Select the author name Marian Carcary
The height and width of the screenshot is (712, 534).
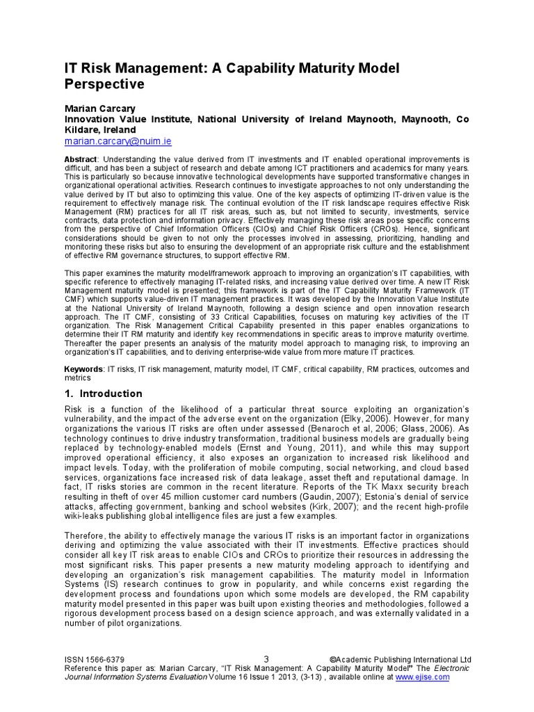[x=99, y=108]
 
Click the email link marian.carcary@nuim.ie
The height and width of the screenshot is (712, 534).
[x=118, y=141]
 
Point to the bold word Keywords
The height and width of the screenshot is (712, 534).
[x=83, y=369]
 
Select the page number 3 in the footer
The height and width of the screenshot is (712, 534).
[x=266, y=659]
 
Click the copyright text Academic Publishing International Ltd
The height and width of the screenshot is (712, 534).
[x=402, y=660]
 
